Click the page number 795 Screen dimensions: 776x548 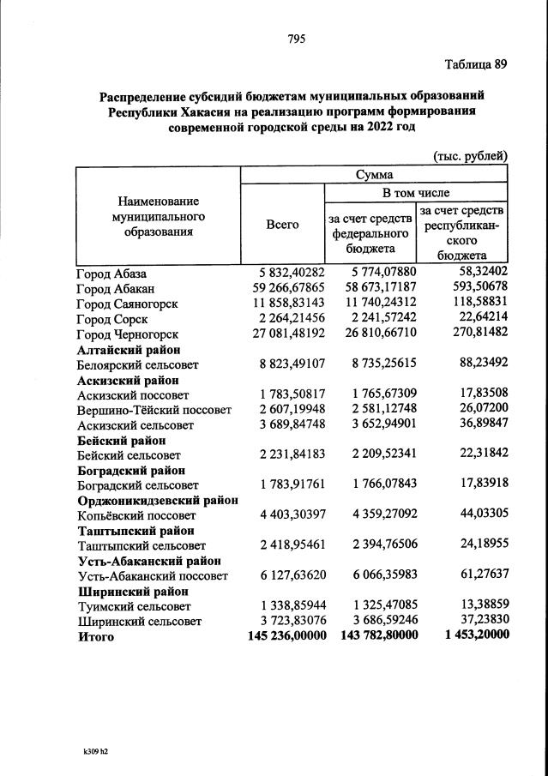[297, 39]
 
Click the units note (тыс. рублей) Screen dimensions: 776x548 [471, 155]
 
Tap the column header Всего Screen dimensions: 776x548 [282, 225]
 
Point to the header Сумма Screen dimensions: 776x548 [374, 175]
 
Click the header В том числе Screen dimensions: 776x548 [415, 193]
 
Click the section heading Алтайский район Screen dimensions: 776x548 [129, 350]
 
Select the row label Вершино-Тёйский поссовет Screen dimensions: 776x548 [154, 410]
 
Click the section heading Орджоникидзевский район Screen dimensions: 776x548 [158, 500]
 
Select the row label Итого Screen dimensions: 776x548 [94, 637]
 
